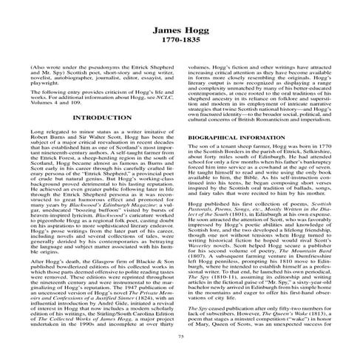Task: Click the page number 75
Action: [x=180, y=337]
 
